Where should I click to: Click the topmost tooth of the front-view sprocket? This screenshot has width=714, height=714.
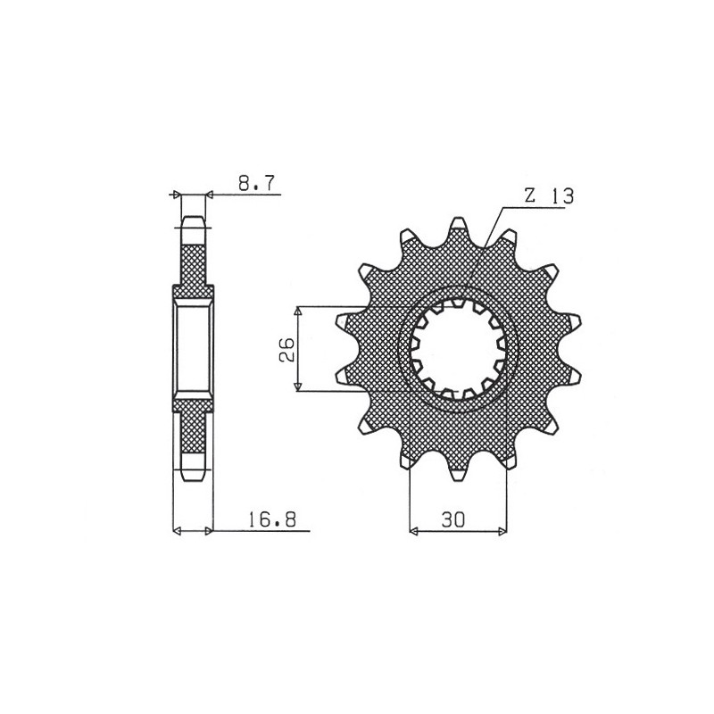coord(459,225)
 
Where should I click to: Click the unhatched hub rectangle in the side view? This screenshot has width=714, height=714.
coord(194,349)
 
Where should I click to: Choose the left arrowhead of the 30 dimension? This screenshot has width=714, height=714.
coord(413,533)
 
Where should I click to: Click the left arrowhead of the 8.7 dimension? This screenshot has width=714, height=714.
coord(177,194)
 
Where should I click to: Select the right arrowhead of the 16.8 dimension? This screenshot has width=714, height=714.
coord(210,532)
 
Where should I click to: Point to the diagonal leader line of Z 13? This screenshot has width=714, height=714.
coord(492,235)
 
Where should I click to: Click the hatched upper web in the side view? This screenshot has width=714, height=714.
coord(194,264)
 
